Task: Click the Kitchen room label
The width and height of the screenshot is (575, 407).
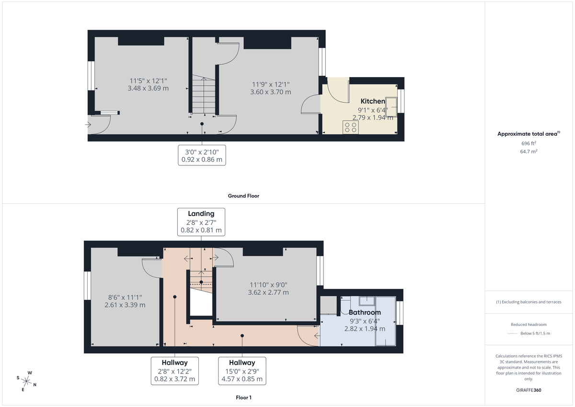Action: click(x=372, y=101)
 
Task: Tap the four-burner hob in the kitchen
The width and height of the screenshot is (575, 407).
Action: click(x=350, y=127)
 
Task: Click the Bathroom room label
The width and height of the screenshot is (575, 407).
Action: click(x=364, y=313)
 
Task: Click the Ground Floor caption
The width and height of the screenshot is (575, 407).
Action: click(x=243, y=196)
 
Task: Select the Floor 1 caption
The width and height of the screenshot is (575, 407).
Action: click(x=243, y=397)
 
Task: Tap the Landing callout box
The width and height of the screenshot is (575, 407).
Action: click(x=201, y=221)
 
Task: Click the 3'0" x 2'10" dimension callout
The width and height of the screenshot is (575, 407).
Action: click(x=201, y=155)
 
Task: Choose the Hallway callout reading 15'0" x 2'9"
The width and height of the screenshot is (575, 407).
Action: click(x=242, y=371)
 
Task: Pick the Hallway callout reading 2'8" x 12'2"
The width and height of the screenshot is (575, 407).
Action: click(x=174, y=371)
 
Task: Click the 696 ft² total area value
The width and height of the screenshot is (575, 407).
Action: click(x=529, y=143)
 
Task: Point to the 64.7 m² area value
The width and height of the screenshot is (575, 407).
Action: click(x=529, y=151)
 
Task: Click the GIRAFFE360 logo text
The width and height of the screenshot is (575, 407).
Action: click(x=529, y=390)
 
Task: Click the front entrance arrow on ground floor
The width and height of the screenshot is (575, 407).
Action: click(x=88, y=125)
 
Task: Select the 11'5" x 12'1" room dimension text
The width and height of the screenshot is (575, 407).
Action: click(x=148, y=84)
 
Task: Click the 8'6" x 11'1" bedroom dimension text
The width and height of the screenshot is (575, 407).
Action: click(x=125, y=301)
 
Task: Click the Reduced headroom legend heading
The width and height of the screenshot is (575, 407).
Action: click(x=529, y=325)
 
